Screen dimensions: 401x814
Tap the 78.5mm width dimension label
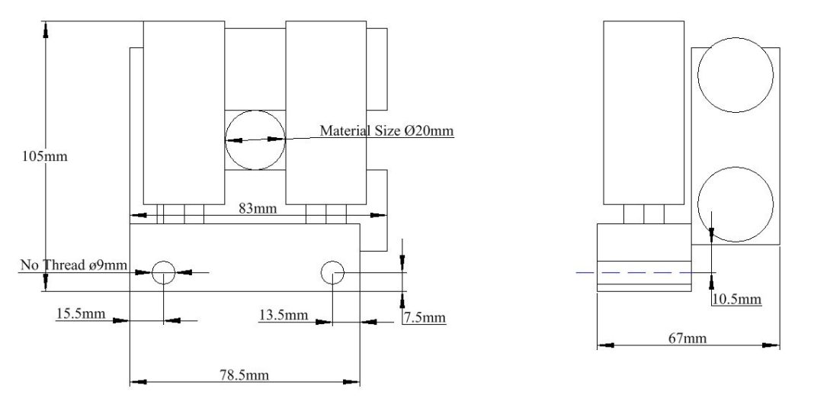245,374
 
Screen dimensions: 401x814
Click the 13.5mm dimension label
284,314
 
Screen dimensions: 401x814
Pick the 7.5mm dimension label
424,317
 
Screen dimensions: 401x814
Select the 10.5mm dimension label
737,299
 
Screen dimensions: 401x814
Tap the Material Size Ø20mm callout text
386,130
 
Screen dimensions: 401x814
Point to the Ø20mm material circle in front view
255,140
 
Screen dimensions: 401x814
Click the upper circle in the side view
735,75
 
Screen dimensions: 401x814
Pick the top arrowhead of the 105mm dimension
46,29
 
